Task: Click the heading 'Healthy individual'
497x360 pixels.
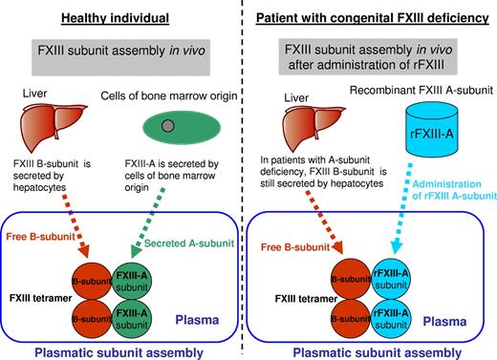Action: (123, 14)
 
